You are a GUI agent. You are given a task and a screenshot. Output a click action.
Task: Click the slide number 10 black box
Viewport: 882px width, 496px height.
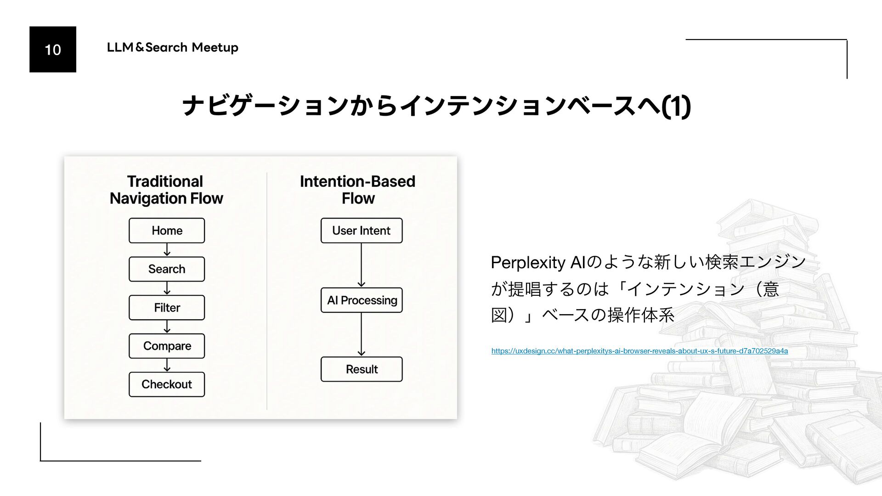[53, 49]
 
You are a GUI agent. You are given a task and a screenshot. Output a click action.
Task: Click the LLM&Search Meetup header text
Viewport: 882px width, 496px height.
[172, 47]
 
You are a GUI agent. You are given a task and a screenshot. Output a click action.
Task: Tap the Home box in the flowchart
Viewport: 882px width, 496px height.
[167, 231]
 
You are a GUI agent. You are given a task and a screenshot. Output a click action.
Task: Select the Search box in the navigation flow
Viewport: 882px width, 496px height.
[167, 269]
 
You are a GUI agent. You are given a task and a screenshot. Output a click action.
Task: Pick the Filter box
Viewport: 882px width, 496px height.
[167, 308]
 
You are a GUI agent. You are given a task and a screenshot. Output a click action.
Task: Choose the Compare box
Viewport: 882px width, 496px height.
[167, 346]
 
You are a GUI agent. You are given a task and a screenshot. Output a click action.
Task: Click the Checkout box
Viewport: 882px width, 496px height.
[167, 384]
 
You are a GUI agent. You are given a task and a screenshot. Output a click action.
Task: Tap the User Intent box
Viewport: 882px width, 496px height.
[362, 231]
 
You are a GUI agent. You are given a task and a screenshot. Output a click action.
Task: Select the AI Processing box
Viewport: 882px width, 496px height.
[362, 300]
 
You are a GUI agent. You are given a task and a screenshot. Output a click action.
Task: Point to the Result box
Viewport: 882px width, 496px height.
[362, 369]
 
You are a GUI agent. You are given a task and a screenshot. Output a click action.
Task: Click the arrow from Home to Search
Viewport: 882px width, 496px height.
[167, 250]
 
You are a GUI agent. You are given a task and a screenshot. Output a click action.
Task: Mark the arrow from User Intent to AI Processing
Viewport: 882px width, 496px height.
[362, 265]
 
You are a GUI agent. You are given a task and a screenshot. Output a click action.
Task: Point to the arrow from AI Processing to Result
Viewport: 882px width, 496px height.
[362, 335]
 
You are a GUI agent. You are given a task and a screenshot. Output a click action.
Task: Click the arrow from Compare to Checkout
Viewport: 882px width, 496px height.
[167, 365]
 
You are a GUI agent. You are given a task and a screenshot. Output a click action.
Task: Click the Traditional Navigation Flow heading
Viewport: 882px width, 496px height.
[166, 190]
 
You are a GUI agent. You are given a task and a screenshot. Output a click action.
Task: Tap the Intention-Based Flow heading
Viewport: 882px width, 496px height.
[358, 190]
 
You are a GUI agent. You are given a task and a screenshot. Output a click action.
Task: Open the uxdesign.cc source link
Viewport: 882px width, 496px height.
[639, 351]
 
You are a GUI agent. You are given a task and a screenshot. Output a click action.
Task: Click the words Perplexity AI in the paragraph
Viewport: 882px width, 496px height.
[538, 263]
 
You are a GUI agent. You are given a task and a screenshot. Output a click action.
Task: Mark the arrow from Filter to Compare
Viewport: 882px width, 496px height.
[167, 327]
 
